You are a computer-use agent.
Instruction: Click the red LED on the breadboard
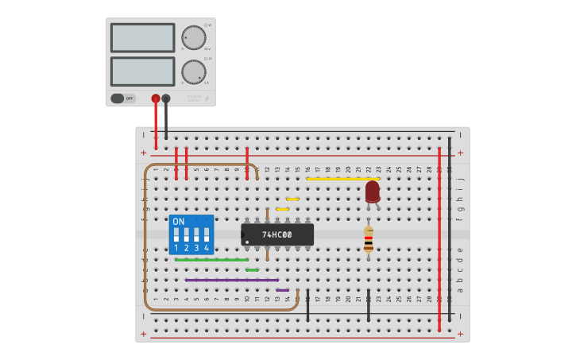pyautogui.click(x=373, y=191)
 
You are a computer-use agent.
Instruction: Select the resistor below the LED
pyautogui.click(x=368, y=239)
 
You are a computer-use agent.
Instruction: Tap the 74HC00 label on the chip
pyautogui.click(x=277, y=234)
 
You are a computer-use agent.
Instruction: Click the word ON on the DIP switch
pyautogui.click(x=178, y=222)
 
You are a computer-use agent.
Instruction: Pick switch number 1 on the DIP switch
pyautogui.click(x=176, y=236)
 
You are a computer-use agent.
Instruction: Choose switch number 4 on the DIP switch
pyautogui.click(x=207, y=236)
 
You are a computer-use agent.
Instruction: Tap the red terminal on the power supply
pyautogui.click(x=156, y=99)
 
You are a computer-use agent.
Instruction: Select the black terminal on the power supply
pyautogui.click(x=166, y=99)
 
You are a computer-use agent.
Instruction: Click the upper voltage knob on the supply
pyautogui.click(x=193, y=37)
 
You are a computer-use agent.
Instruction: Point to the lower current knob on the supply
pyautogui.click(x=193, y=72)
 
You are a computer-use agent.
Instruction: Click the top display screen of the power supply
pyautogui.click(x=143, y=37)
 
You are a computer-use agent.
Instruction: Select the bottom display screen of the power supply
pyautogui.click(x=143, y=72)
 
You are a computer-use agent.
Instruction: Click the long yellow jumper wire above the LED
pyautogui.click(x=342, y=179)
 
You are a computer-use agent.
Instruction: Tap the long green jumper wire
pyautogui.click(x=211, y=260)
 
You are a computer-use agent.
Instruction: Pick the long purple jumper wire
pyautogui.click(x=231, y=280)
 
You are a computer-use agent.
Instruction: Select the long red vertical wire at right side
pyautogui.click(x=439, y=238)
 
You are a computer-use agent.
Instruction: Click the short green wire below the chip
pyautogui.click(x=252, y=270)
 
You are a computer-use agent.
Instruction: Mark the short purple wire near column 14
pyautogui.click(x=283, y=290)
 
